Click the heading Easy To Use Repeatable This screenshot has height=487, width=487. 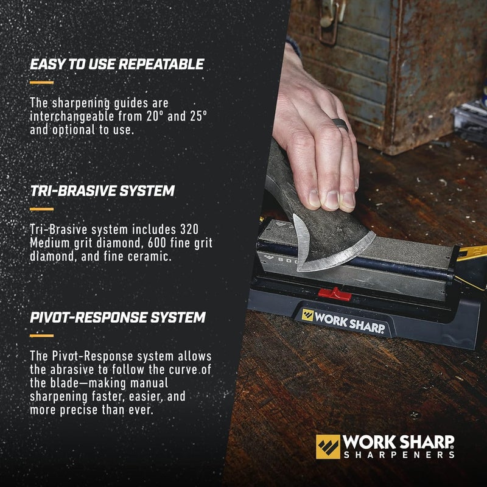[x=117, y=64]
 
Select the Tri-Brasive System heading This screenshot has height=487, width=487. [x=102, y=191]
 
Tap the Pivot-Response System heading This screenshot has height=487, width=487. [x=117, y=318]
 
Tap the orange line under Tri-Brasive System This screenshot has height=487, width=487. [x=41, y=209]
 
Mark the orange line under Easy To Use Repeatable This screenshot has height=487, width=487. [x=41, y=82]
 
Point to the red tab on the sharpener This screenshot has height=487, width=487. [x=335, y=294]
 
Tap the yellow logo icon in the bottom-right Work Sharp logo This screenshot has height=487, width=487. [x=328, y=446]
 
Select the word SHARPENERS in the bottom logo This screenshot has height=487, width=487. [x=399, y=454]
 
